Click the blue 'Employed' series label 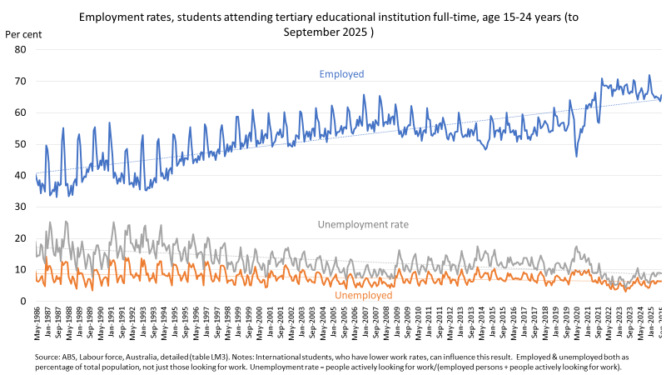click(x=342, y=74)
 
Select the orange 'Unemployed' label click(x=363, y=295)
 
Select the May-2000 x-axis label click(x=258, y=321)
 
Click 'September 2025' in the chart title click(x=327, y=32)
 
